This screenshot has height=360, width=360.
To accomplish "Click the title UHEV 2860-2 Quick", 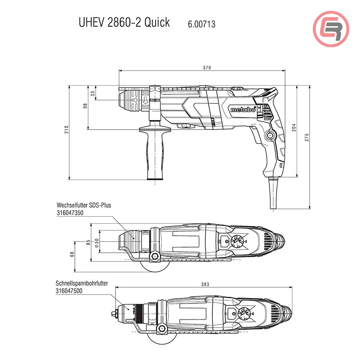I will point(124,22).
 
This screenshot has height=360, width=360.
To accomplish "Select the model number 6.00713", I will point(202,24).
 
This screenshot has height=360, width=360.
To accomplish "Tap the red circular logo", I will point(331,29).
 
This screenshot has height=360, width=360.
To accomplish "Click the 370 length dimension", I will point(206,68).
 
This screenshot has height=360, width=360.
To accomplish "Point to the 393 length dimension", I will point(205,284).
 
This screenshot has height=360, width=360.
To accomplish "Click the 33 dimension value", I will point(93,93).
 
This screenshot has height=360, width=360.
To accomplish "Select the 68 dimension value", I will point(72,254).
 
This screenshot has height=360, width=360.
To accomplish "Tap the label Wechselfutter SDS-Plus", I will point(84,205).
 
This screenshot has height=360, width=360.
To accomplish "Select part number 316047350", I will point(70,213).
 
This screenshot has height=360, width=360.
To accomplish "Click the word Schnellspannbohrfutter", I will point(82,283).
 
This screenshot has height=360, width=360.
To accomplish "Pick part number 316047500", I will point(69,291).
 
